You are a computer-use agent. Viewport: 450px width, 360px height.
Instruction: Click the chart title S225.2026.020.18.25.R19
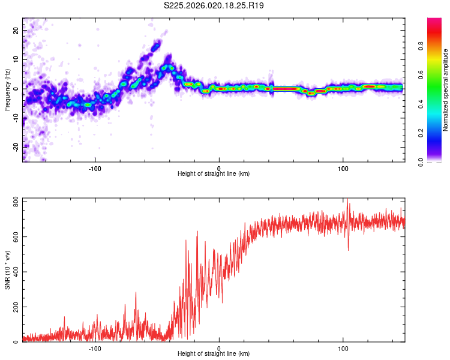coord(214,5)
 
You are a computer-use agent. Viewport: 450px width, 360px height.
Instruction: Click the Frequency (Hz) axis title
coord(7,90)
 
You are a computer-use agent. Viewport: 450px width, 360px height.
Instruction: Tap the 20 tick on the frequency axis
coord(16,31)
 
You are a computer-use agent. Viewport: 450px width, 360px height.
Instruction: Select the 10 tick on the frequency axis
coord(16,59)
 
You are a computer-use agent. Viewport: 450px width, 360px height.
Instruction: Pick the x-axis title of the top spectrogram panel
coord(214,173)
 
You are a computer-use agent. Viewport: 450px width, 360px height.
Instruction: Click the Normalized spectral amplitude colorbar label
coord(446,90)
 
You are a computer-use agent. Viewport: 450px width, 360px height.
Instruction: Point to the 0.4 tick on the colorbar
coord(437,104)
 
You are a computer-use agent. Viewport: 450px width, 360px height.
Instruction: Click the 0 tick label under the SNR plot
coord(219,348)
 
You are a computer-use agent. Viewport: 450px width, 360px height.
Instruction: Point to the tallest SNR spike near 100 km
coord(347,200)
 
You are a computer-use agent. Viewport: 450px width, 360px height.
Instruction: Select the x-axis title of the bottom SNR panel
coord(214,354)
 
